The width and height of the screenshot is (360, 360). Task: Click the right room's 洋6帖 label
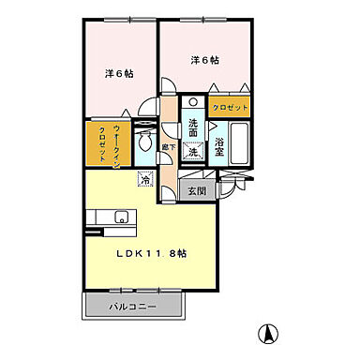point(204,61)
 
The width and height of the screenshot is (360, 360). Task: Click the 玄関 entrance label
point(196,192)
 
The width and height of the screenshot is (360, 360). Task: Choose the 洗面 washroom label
point(192,128)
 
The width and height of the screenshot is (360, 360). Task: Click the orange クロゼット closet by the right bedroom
point(230,108)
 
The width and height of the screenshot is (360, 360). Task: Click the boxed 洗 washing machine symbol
point(192,149)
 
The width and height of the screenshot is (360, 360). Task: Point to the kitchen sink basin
point(118,218)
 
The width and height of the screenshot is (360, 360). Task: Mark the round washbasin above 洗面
point(192,104)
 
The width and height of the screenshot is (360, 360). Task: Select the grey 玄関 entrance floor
point(197,190)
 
